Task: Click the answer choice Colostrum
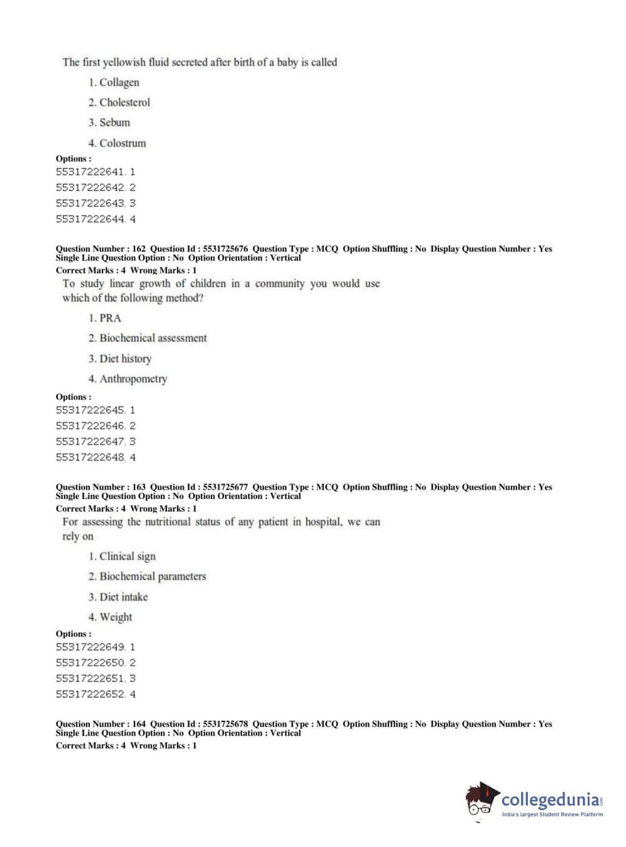click(123, 143)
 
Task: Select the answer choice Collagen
click(119, 82)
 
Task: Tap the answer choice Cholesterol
click(124, 102)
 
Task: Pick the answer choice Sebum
click(114, 122)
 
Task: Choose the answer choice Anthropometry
click(133, 379)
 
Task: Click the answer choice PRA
click(110, 318)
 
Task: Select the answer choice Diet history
click(125, 359)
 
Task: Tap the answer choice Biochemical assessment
click(153, 338)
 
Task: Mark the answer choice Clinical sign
click(127, 557)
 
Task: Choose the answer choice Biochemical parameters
click(153, 577)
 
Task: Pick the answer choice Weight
click(116, 617)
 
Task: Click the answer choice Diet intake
click(123, 597)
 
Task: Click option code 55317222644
click(90, 219)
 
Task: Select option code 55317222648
click(90, 457)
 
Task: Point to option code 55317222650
click(90, 663)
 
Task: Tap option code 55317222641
click(90, 172)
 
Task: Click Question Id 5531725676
click(225, 249)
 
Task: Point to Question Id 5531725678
click(225, 724)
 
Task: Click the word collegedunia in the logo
click(550, 800)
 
